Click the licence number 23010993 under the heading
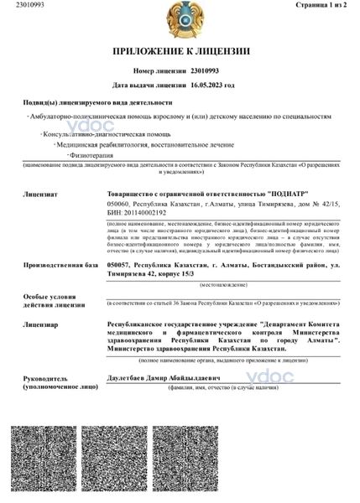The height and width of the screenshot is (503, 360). (x=207, y=72)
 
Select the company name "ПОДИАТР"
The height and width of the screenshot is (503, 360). (x=275, y=194)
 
